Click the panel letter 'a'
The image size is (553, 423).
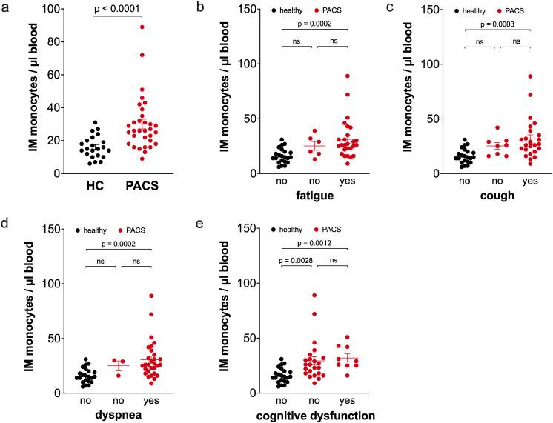pos(7,7)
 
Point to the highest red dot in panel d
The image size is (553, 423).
pos(151,296)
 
